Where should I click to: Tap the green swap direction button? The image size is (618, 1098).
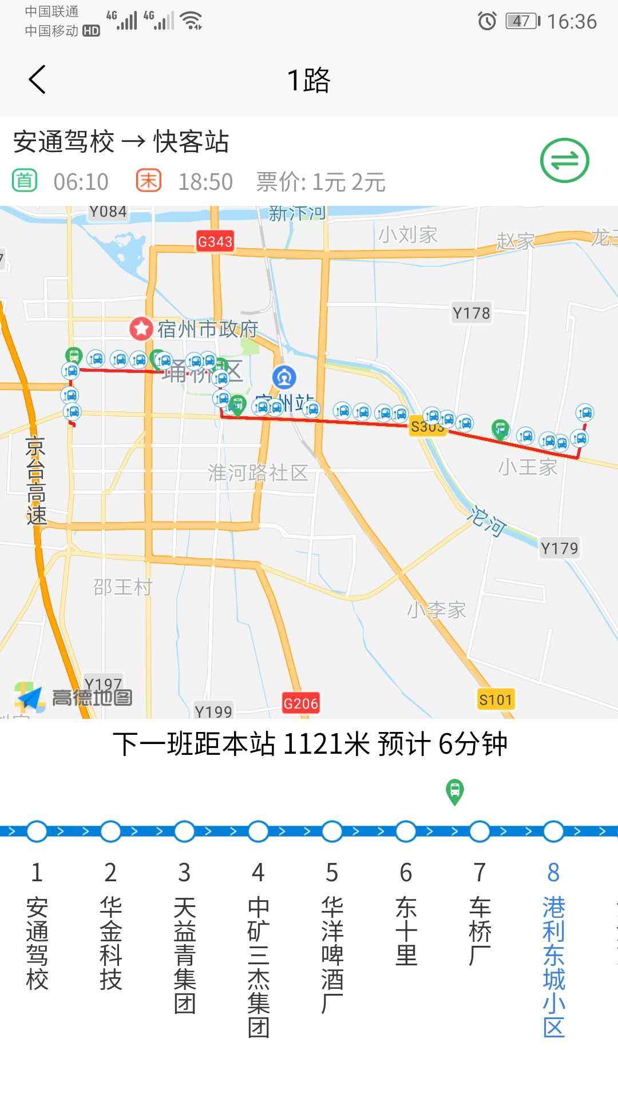point(564,161)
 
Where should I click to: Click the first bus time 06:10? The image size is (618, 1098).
point(81,182)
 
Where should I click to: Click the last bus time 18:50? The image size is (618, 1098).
point(205,182)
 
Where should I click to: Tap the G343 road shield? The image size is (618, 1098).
point(215,241)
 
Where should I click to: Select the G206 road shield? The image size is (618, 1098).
point(300,703)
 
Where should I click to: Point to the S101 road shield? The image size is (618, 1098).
point(496,699)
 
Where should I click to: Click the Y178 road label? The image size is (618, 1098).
point(471,313)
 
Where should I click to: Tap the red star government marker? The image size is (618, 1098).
point(141,328)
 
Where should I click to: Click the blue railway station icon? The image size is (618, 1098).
point(284,377)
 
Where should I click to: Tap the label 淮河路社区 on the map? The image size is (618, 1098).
point(258,472)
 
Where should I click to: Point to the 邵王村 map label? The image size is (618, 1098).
point(122,587)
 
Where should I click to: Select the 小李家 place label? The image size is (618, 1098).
point(437,610)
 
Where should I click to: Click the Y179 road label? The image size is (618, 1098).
point(559,548)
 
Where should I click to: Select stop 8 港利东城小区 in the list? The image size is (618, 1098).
point(553,966)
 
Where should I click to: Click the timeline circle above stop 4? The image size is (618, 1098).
point(258,832)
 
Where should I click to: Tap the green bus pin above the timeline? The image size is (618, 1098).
point(455,791)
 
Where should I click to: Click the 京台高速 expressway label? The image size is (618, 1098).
point(36,480)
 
